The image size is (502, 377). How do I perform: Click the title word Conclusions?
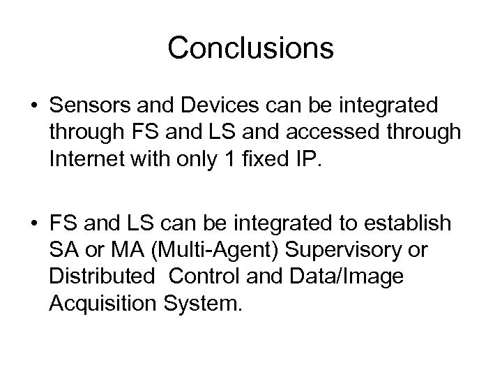[x=250, y=48]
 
